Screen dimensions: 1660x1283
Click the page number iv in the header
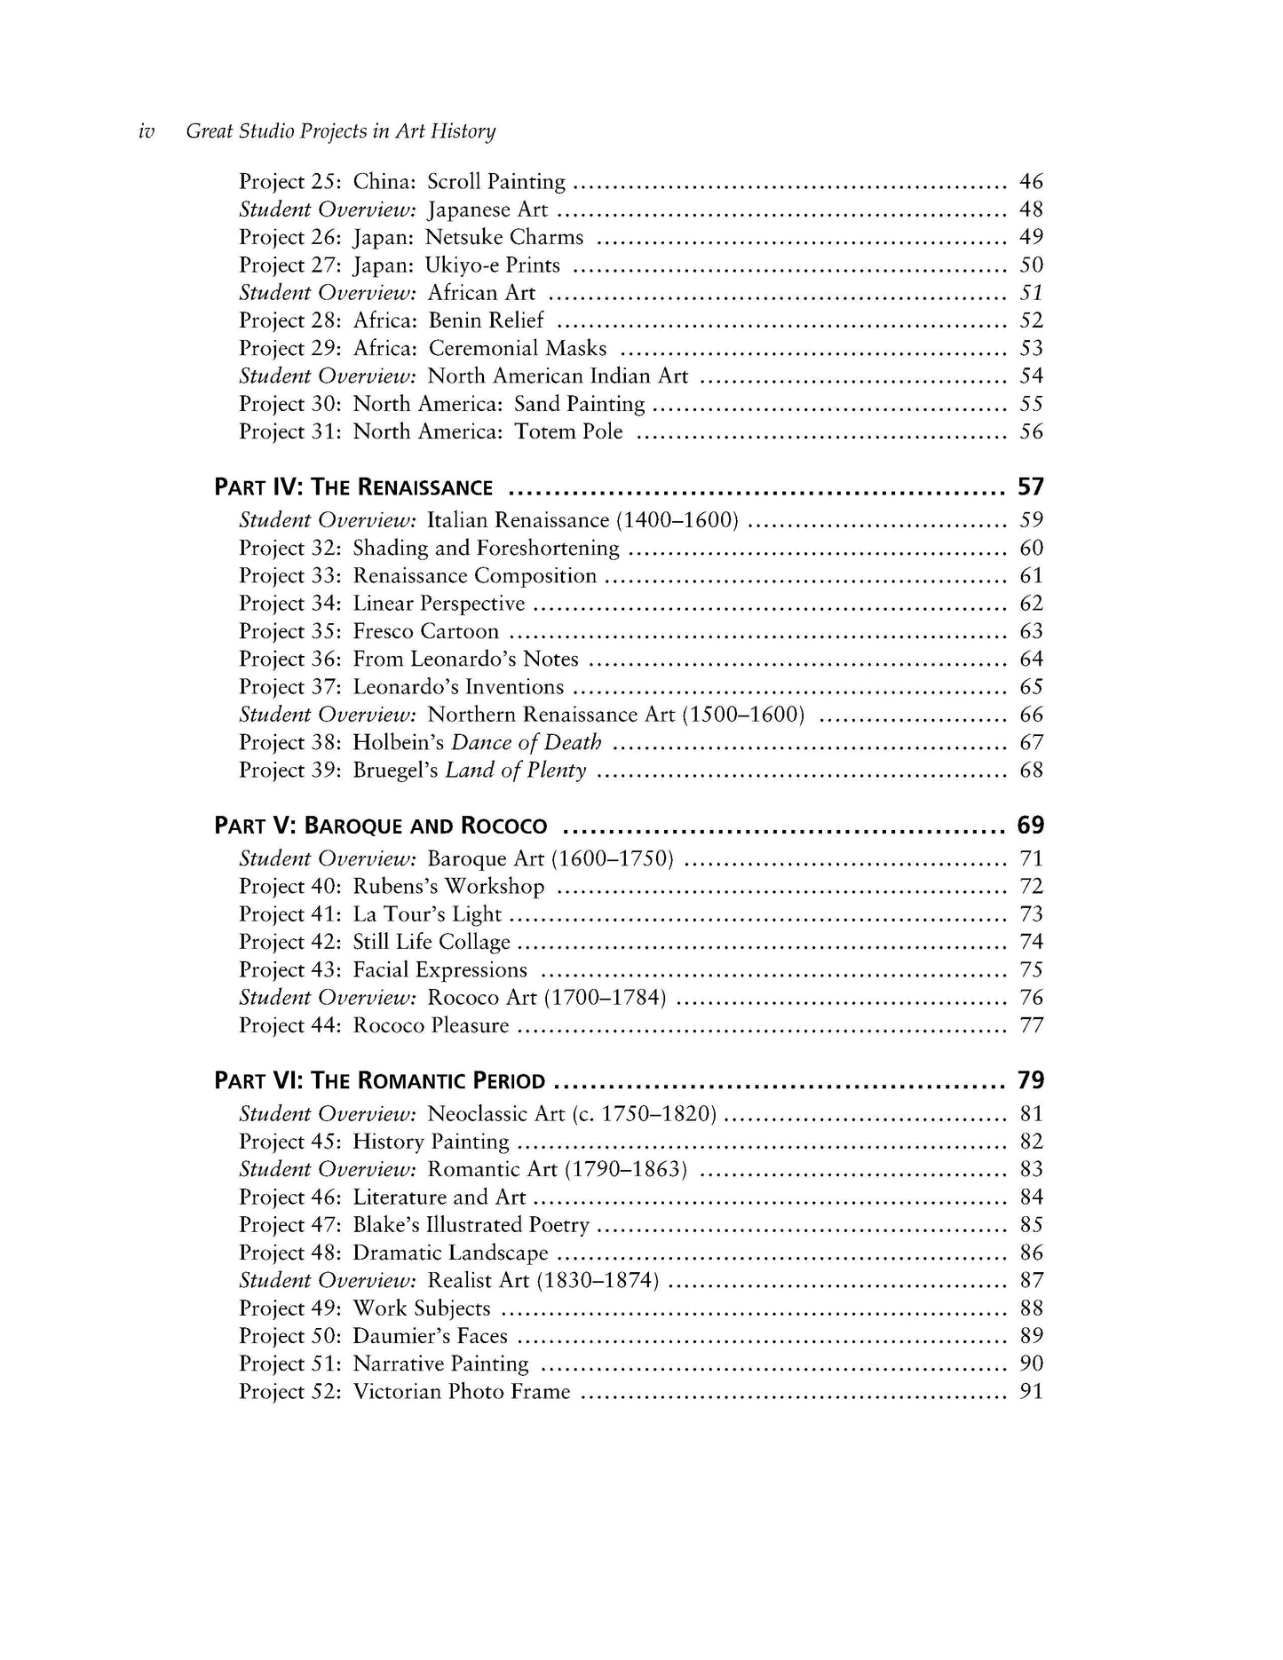click(147, 131)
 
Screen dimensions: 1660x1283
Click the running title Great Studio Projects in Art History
click(340, 131)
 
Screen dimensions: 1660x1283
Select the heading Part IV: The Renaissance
click(353, 487)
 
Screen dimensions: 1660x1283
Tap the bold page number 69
click(1030, 826)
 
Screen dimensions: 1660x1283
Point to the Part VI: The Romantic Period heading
click(379, 1080)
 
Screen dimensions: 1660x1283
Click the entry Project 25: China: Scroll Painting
click(401, 182)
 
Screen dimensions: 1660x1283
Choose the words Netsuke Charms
click(504, 237)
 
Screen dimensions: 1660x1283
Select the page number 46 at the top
click(1031, 182)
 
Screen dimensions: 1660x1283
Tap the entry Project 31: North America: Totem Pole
click(431, 432)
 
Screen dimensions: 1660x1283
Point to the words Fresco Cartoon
click(426, 631)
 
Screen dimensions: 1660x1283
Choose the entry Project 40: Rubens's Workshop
click(392, 886)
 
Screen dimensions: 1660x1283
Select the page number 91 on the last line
click(1031, 1391)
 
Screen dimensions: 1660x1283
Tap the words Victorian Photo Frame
click(462, 1391)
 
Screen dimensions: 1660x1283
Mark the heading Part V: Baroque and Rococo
click(381, 826)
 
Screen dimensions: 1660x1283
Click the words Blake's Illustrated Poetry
click(471, 1225)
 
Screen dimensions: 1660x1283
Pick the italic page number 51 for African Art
click(1031, 293)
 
